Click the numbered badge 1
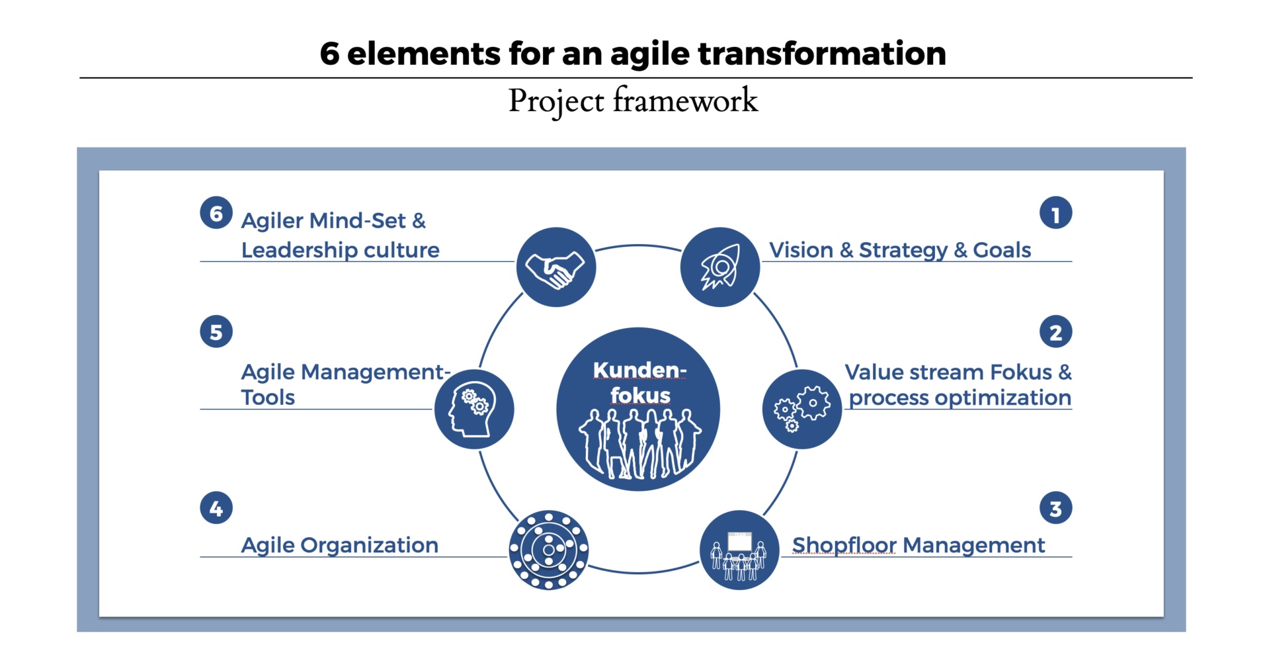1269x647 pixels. coord(1055,213)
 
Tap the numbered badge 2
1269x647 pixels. coord(1055,331)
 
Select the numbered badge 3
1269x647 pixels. coord(1055,508)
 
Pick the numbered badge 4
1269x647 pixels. coord(216,508)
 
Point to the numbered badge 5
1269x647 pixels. coord(216,331)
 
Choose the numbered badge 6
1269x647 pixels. coord(216,213)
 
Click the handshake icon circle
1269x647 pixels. coord(555,267)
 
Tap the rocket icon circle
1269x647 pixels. coord(720,267)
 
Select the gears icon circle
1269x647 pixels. coord(802,409)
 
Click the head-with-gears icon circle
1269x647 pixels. coord(474,409)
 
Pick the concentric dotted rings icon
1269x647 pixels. coord(548,550)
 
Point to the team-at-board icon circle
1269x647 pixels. coord(739,550)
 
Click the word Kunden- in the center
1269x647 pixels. coord(639,370)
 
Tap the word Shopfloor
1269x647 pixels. coord(844,545)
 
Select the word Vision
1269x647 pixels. coord(801,250)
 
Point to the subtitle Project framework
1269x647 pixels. coord(633,101)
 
